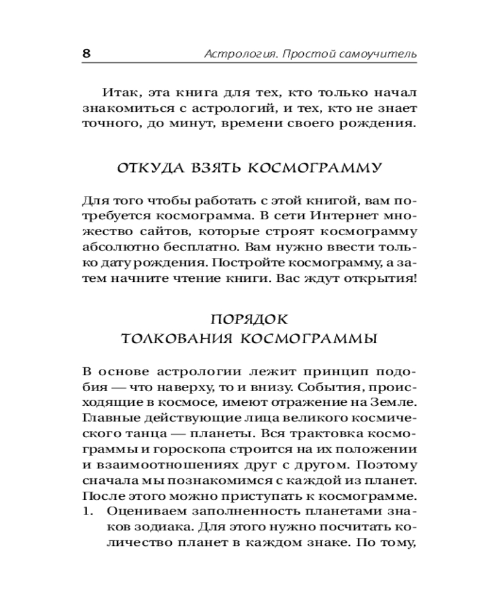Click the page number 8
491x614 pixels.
(86, 53)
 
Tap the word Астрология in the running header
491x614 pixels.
(234, 55)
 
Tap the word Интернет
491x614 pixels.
(341, 216)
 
